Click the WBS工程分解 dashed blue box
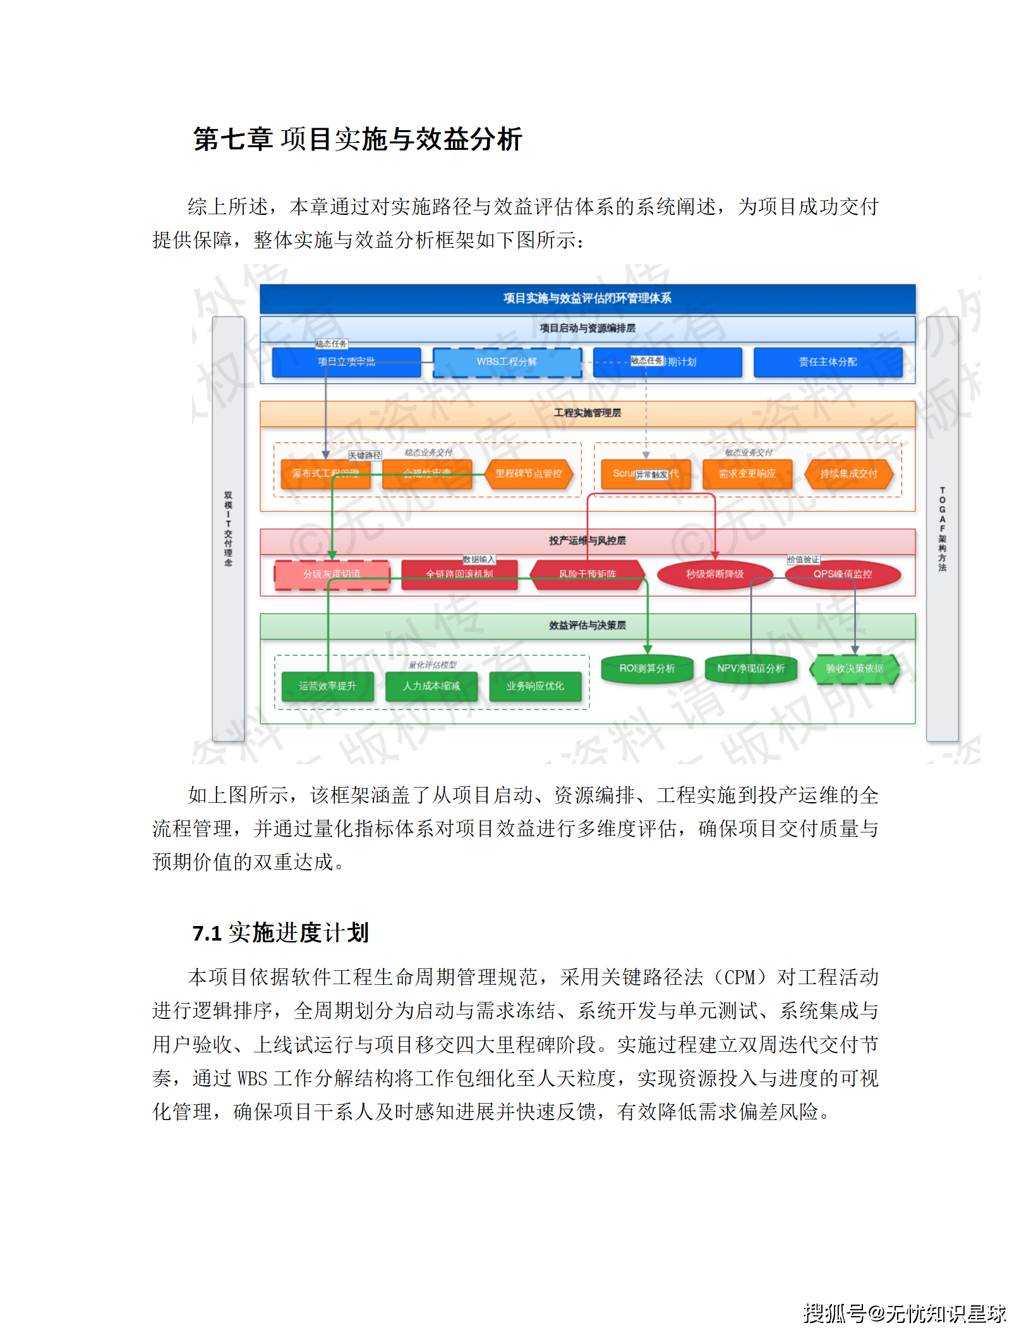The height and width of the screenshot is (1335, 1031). click(507, 362)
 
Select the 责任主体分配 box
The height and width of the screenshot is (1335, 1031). click(828, 362)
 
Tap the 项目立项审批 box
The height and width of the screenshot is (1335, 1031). click(346, 362)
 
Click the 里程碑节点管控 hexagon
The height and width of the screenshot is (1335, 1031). click(528, 474)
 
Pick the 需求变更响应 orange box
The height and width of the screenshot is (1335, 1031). click(747, 474)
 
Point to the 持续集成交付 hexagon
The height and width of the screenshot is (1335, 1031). click(848, 474)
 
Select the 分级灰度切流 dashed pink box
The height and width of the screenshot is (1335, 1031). click(332, 575)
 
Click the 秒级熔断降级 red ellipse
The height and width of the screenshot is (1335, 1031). click(714, 575)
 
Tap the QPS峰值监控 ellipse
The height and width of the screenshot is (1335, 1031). click(842, 575)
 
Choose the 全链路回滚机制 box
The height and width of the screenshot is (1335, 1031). click(459, 575)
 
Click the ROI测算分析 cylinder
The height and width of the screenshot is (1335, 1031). click(647, 669)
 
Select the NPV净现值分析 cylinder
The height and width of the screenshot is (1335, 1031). click(751, 669)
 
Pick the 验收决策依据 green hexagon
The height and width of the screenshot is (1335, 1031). click(854, 669)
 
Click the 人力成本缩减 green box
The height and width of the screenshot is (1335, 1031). click(431, 686)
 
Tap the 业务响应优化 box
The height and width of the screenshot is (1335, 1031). click(535, 686)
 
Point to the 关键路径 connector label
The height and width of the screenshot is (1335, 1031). click(365, 456)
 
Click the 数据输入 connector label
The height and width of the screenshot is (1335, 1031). click(479, 560)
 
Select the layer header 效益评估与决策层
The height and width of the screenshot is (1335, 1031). click(588, 626)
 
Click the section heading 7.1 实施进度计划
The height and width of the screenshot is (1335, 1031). click(280, 933)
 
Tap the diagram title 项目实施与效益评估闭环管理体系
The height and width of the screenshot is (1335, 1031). click(588, 298)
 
